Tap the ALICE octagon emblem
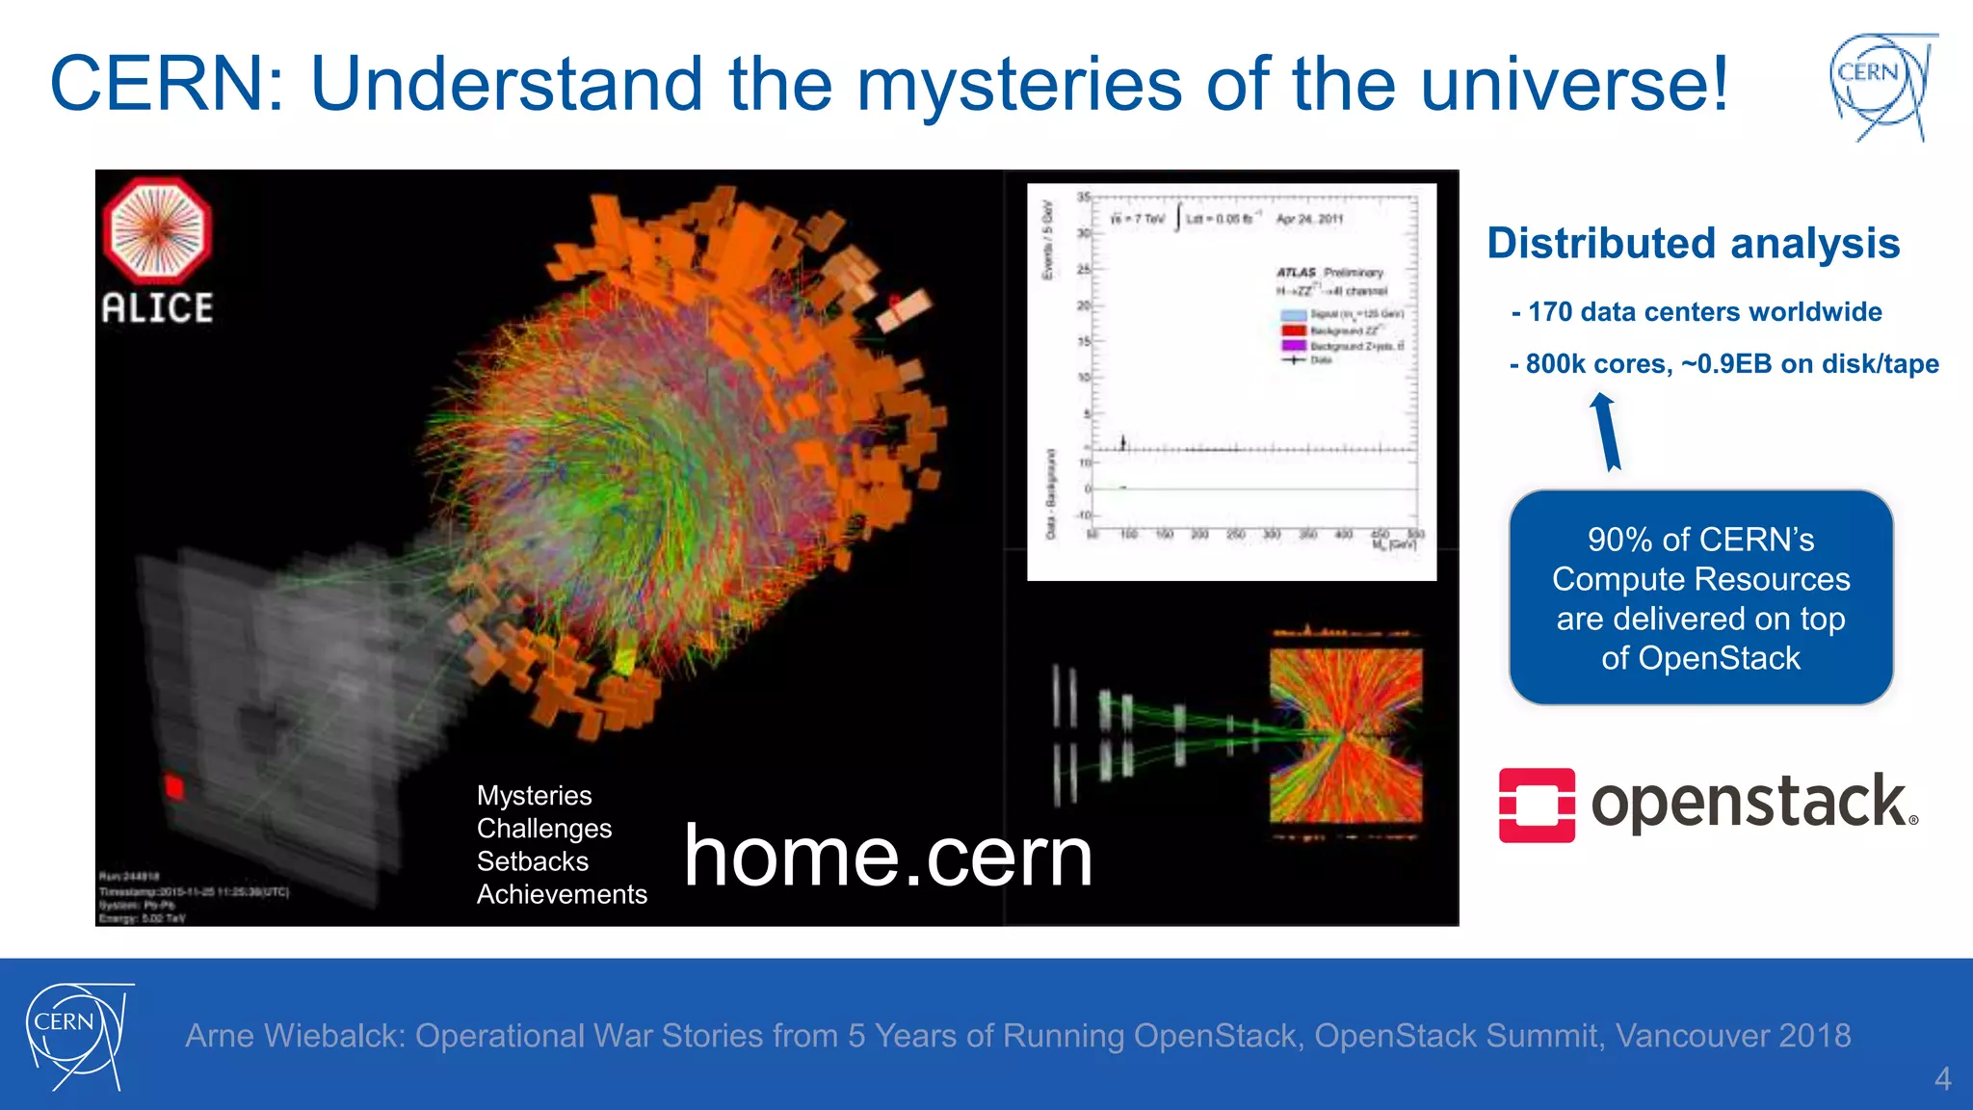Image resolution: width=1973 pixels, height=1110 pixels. pos(157,229)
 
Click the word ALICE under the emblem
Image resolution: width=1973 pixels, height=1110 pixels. pos(157,308)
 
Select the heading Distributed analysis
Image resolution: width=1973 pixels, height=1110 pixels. pos(1693,243)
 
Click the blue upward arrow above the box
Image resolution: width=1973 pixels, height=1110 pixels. pos(1606,431)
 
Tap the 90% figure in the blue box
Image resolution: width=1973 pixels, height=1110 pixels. pos(1618,540)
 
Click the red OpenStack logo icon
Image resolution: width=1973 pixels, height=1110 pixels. pos(1537,806)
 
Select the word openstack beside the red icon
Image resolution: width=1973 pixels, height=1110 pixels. pos(1749,803)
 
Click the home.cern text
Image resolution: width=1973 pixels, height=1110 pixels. pos(887,856)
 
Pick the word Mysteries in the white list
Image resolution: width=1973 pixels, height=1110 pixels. pos(534,796)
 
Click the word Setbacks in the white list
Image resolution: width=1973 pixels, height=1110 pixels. pos(532,861)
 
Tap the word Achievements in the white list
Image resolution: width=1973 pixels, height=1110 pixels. pos(562,894)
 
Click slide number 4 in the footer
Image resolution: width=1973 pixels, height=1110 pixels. pos(1942,1078)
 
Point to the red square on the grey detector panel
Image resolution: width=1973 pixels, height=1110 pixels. pos(174,786)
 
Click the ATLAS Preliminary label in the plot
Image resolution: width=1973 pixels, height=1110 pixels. pos(1329,273)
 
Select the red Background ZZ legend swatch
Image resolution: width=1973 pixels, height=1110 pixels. pos(1293,330)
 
